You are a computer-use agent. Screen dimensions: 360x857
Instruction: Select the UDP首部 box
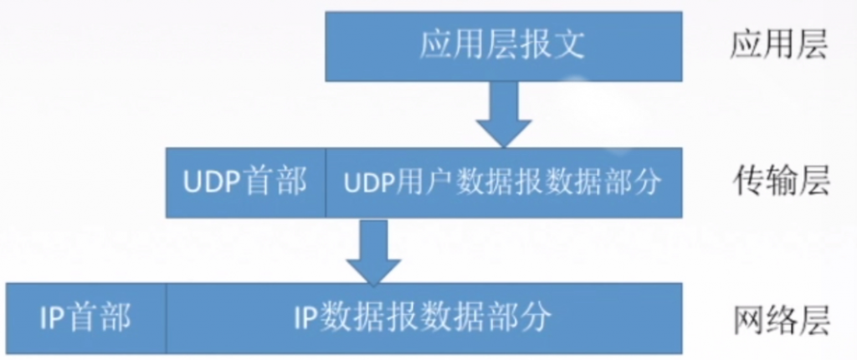click(x=245, y=183)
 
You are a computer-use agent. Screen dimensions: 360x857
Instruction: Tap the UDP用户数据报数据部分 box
click(x=503, y=183)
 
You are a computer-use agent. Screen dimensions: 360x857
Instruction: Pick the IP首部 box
click(x=85, y=317)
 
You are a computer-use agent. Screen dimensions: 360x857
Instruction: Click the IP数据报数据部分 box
click(x=423, y=317)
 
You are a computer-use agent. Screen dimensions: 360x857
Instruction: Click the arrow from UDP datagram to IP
click(x=374, y=251)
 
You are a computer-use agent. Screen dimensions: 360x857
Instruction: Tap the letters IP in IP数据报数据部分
click(x=305, y=317)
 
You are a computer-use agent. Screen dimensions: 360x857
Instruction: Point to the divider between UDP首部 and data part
click(x=326, y=183)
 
